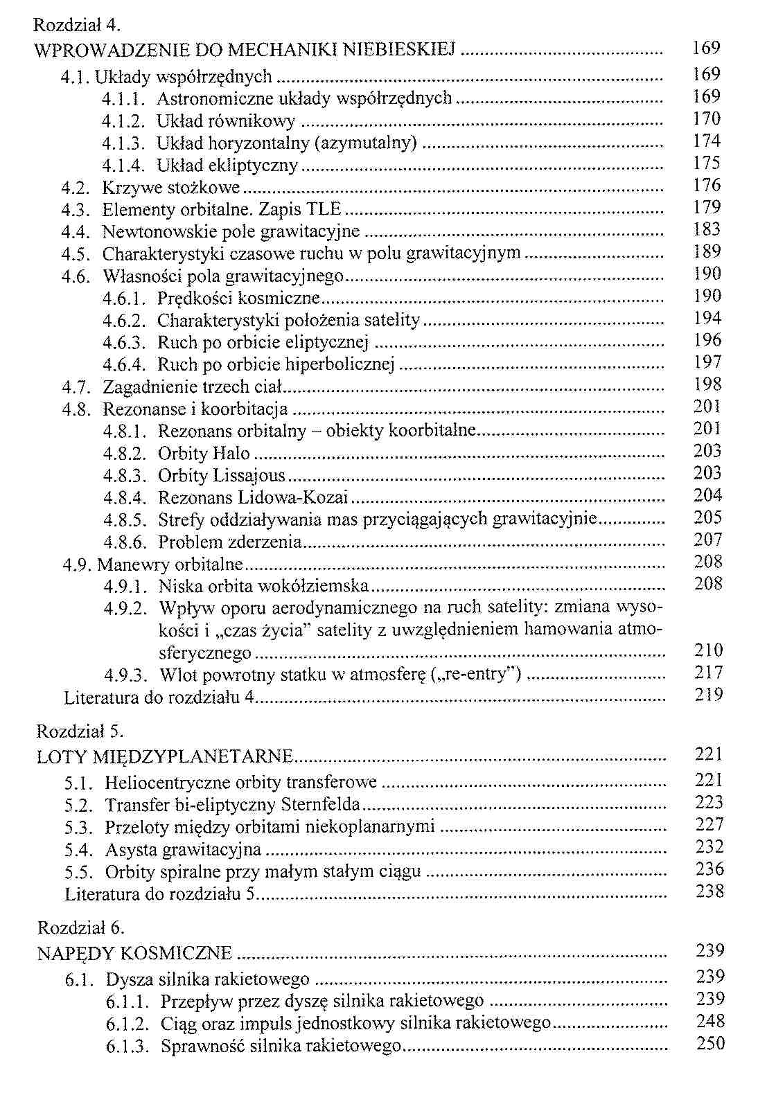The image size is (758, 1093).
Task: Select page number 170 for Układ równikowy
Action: tap(707, 119)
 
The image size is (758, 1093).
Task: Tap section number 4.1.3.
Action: tap(122, 143)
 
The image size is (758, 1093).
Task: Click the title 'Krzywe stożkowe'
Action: tap(170, 188)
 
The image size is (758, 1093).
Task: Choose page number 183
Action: tap(707, 230)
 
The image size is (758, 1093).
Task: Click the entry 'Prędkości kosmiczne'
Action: tap(239, 299)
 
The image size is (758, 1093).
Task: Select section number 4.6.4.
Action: tap(124, 364)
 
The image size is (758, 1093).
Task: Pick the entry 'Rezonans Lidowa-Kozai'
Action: tap(253, 498)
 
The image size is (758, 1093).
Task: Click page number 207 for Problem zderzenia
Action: tap(708, 540)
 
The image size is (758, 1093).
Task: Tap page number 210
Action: tap(708, 650)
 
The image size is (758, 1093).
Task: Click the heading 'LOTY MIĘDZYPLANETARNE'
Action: tap(165, 756)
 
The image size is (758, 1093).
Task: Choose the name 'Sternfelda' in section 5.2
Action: tap(321, 805)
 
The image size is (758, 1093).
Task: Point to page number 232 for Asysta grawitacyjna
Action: tap(709, 847)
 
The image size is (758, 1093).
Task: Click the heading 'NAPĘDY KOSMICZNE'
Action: tap(134, 953)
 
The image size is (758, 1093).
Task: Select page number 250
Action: tap(710, 1044)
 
